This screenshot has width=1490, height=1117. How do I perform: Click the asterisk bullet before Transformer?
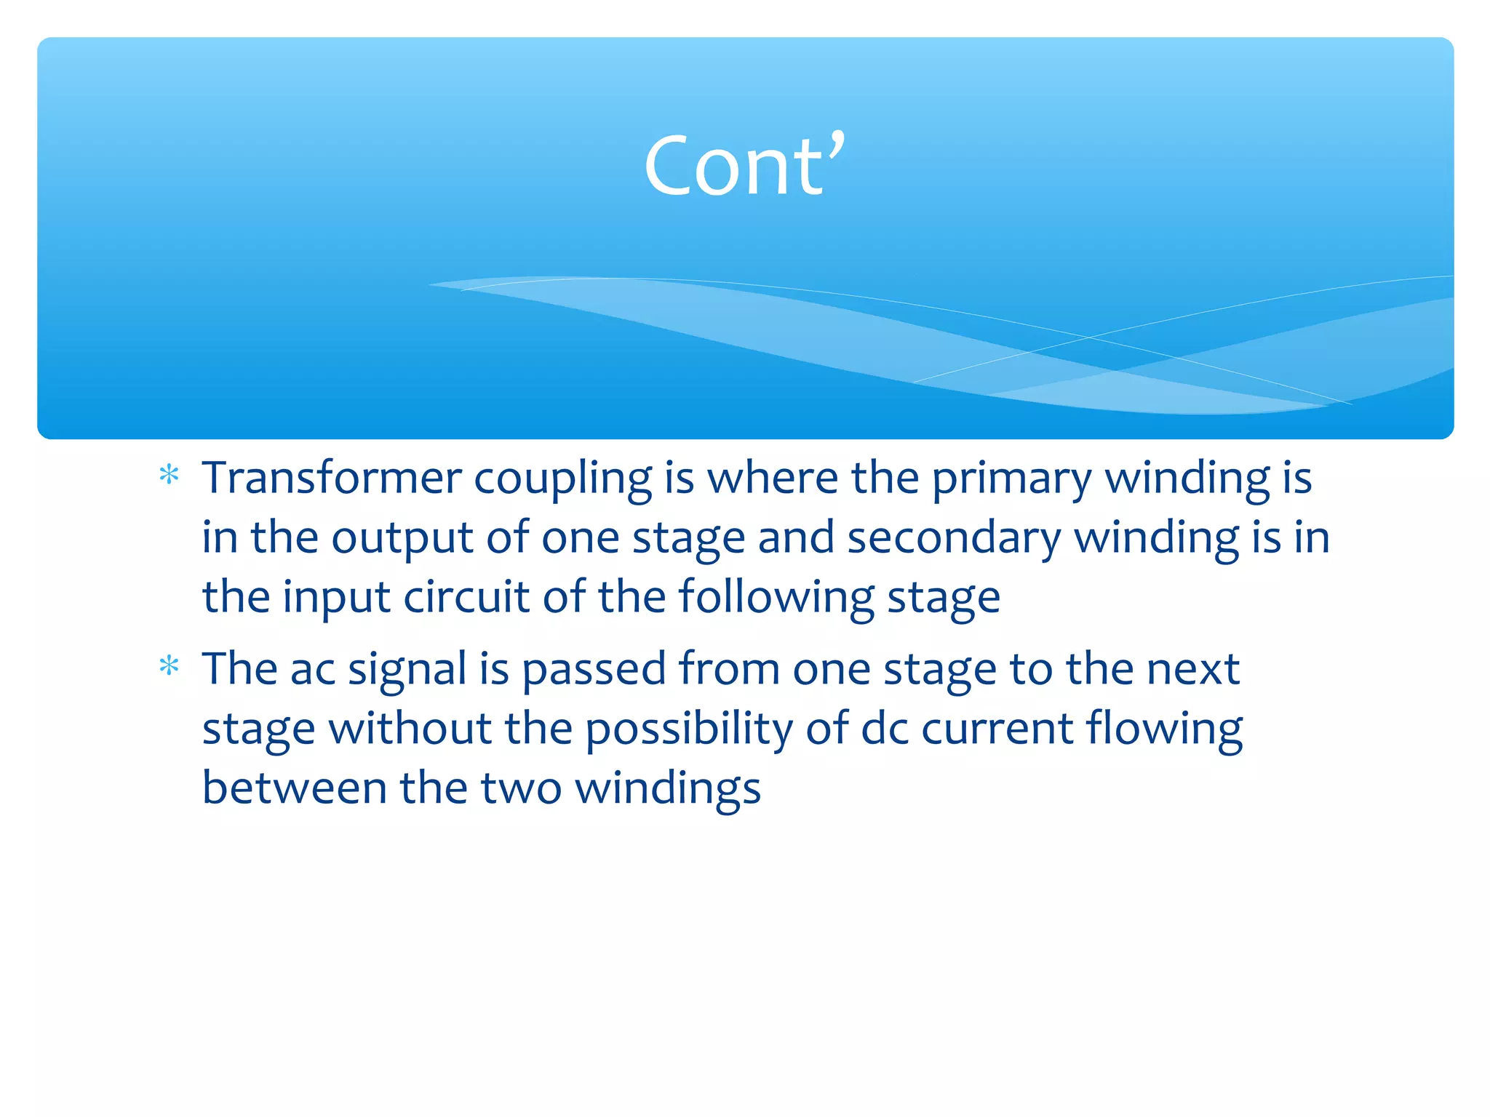[x=169, y=476]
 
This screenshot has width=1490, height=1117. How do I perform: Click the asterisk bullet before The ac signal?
[x=169, y=666]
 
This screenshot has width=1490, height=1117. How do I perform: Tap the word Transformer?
[x=332, y=479]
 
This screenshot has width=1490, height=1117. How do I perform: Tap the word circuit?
[x=466, y=598]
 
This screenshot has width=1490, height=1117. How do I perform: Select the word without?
[x=410, y=729]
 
